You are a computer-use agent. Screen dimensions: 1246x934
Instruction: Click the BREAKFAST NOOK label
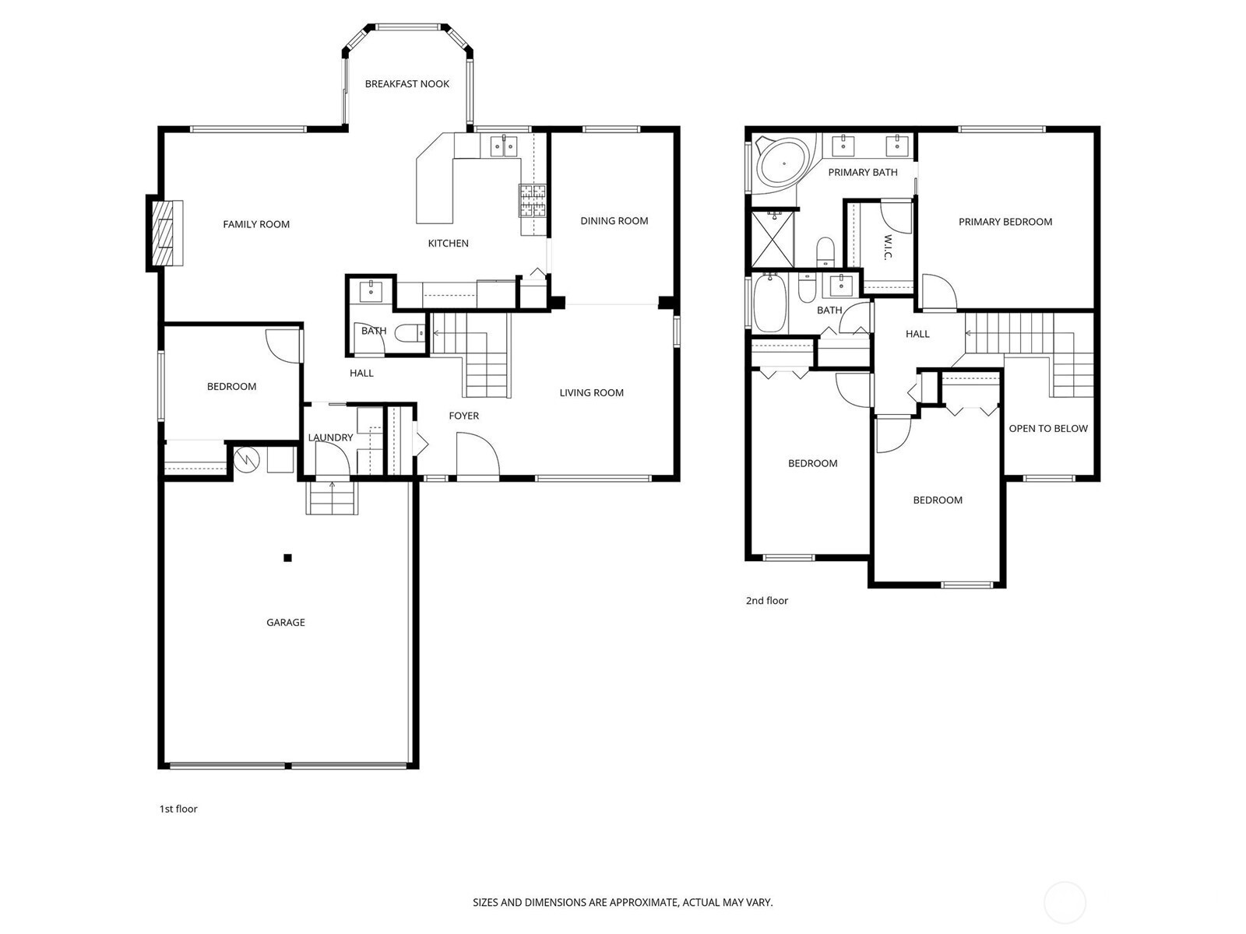407,84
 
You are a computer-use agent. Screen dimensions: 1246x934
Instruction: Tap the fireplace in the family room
165,233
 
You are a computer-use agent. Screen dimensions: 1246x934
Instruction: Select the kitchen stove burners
532,202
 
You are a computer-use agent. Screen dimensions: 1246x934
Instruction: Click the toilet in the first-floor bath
410,333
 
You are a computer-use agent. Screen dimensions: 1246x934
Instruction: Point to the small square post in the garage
288,558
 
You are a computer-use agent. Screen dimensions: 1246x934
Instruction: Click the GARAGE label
286,623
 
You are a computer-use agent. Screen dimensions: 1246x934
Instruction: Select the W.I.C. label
889,248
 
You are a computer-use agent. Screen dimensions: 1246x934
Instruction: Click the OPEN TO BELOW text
1048,429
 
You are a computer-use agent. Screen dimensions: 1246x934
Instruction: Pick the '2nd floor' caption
767,601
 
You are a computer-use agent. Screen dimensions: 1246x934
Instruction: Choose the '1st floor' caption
178,809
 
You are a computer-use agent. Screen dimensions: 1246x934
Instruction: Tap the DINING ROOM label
614,221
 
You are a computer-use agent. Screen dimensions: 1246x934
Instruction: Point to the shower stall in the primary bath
773,238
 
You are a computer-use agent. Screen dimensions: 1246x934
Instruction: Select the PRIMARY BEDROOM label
1005,222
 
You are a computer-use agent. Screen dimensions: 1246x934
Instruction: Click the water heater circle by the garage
246,460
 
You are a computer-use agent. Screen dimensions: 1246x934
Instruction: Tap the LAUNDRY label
330,437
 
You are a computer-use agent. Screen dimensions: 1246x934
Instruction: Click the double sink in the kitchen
504,146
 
